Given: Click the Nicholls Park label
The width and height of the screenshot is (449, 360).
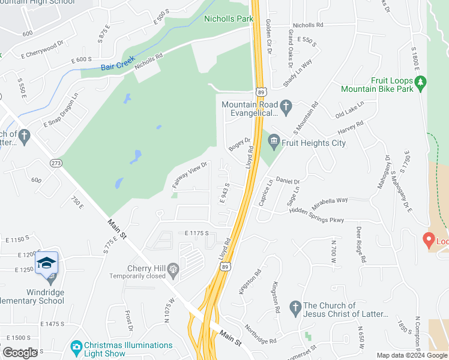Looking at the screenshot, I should (229, 19).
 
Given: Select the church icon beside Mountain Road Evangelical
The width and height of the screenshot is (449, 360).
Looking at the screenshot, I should (286, 108).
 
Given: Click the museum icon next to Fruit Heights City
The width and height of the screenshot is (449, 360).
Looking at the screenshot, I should (274, 142).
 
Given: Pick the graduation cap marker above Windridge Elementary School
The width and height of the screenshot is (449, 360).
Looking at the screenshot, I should (46, 263).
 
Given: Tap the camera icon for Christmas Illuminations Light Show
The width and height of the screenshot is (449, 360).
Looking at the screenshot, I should (76, 346).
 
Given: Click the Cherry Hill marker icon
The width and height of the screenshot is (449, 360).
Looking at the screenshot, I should (174, 269).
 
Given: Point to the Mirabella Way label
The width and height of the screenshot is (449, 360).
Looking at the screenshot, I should (330, 200).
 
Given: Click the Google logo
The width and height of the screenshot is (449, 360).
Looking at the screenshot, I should (20, 353).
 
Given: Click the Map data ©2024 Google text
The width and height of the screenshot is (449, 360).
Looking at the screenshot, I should (412, 355).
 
